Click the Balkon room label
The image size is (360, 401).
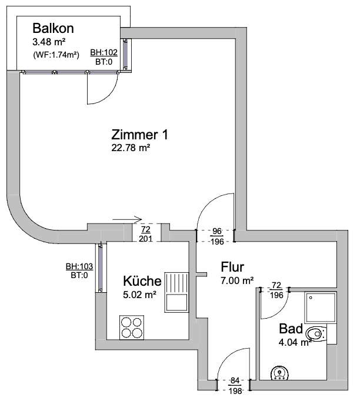pyautogui.click(x=54, y=28)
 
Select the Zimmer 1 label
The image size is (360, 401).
pyautogui.click(x=139, y=134)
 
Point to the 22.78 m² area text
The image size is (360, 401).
pyautogui.click(x=131, y=148)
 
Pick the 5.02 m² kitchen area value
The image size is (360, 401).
pyautogui.click(x=139, y=295)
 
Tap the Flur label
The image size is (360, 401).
pyautogui.click(x=232, y=266)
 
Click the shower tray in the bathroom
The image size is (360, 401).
pyautogui.click(x=320, y=306)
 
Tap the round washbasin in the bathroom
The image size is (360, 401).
pyautogui.click(x=279, y=372)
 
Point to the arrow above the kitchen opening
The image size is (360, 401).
pyautogui.click(x=127, y=220)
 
